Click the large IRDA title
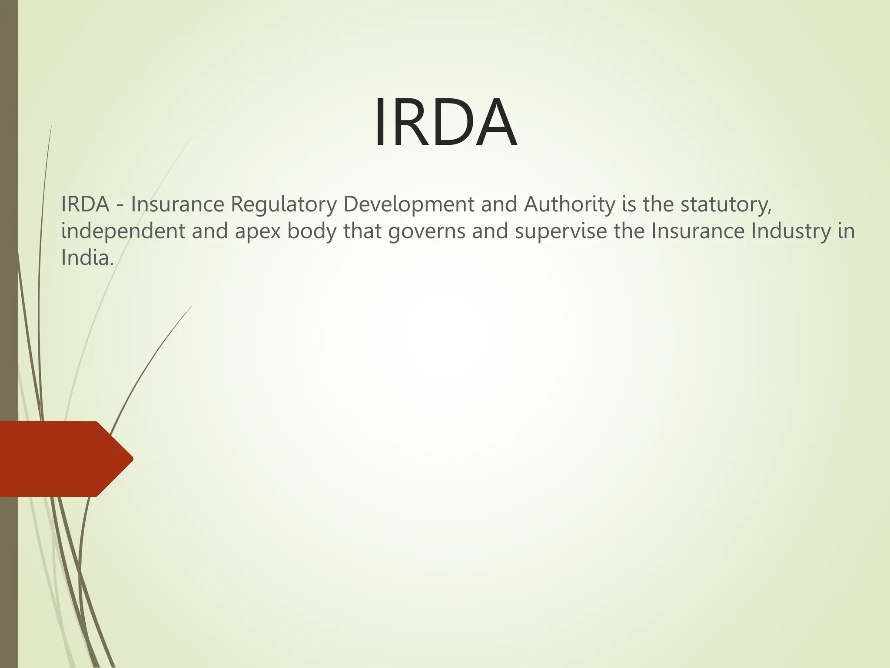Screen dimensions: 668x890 [x=445, y=123]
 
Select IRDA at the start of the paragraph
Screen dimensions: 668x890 [x=85, y=204]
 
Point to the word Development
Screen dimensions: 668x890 [x=408, y=204]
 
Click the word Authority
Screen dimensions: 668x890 [x=569, y=204]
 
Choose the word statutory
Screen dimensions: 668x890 [x=726, y=204]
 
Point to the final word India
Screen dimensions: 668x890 [x=87, y=257]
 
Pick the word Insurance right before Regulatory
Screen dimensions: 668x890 [x=177, y=204]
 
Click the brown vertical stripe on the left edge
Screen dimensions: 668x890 [x=9, y=304]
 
